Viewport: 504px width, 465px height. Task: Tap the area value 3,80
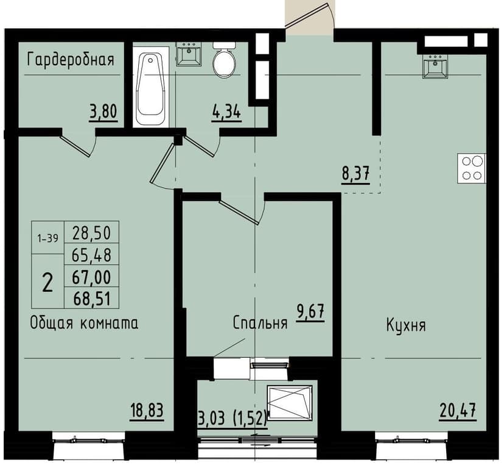coord(103,112)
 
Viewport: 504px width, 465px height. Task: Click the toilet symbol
coord(224,59)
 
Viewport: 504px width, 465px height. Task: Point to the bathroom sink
coord(187,54)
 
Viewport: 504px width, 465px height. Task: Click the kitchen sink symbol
coord(435,66)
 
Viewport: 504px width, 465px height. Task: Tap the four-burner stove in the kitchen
coord(472,168)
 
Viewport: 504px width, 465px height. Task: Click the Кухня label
coord(405,325)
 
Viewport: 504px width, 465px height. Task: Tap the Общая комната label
coord(84,323)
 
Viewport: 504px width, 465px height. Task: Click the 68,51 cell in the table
coord(91,298)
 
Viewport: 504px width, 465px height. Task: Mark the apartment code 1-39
coord(47,238)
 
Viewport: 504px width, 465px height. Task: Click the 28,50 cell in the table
coord(91,232)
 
